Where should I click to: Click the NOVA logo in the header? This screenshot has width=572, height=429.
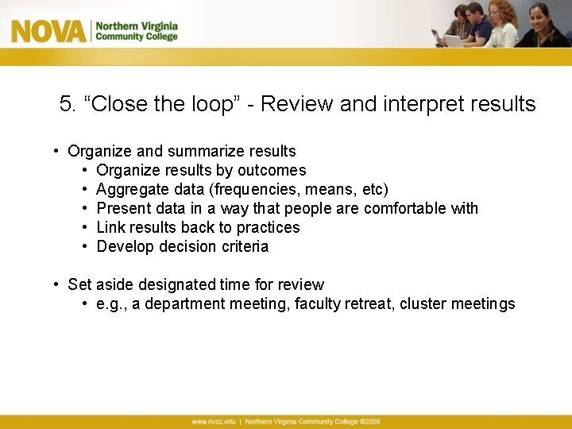click(48, 31)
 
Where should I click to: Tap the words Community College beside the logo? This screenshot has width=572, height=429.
click(137, 37)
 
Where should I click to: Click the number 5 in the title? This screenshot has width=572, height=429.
click(67, 104)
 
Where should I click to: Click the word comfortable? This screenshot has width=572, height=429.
click(404, 208)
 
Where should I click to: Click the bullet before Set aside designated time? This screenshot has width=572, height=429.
click(58, 284)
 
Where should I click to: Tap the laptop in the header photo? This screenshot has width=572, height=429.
click(453, 40)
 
